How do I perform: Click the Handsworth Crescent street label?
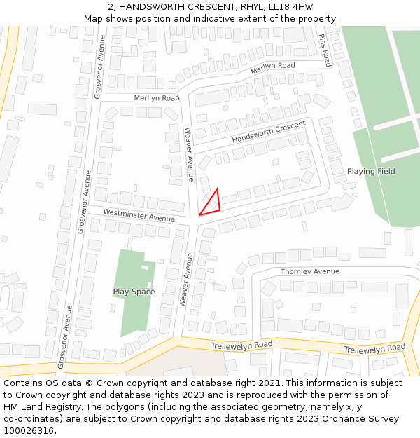[269, 132]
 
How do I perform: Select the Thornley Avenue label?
[309, 271]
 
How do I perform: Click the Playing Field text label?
[371, 172]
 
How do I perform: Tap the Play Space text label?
[134, 292]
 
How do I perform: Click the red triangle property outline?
[211, 203]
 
